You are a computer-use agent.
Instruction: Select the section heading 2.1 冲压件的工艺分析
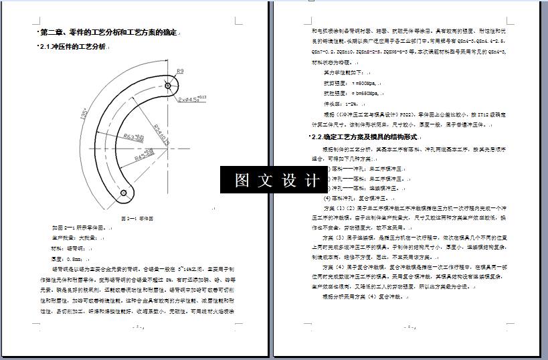click(73, 47)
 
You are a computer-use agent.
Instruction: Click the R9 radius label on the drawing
click(181, 71)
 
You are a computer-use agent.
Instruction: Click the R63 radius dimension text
click(134, 137)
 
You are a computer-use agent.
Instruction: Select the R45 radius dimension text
click(143, 158)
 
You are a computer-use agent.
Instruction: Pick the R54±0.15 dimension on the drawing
click(161, 133)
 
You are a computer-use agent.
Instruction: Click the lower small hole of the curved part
click(123, 193)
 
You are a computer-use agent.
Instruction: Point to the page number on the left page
click(138, 327)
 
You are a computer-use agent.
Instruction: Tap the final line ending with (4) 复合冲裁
click(361, 295)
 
